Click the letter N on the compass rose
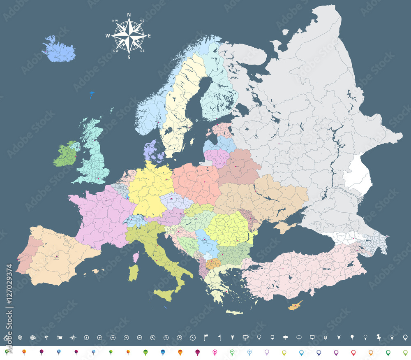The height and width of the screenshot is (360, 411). point(129,15)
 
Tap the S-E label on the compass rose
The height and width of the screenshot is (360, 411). point(143,51)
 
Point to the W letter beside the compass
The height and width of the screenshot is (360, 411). point(108,36)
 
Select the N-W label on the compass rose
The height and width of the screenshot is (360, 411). point(115,21)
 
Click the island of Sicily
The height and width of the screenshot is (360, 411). point(166,294)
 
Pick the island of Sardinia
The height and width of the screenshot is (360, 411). point(133,272)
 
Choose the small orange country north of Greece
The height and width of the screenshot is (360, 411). point(212,263)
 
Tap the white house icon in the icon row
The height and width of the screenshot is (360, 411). point(6,337)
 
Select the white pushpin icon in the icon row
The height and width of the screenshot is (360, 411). point(379,337)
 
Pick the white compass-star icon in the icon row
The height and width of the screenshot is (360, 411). point(73,338)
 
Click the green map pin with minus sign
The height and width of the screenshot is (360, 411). point(232,353)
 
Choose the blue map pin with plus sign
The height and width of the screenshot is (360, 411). point(249,353)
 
